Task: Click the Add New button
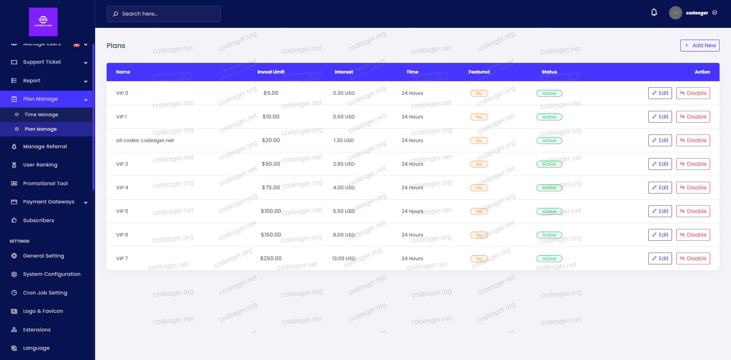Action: (x=700, y=45)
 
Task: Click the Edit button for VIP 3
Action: (x=660, y=164)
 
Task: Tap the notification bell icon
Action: (x=654, y=13)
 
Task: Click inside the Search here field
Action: (x=164, y=14)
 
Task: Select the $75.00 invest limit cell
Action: (x=271, y=187)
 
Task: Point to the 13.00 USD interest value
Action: (x=343, y=258)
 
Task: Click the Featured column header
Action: (x=479, y=72)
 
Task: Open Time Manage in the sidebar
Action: (x=41, y=115)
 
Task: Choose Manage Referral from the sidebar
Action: (x=45, y=146)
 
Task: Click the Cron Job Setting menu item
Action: (x=45, y=293)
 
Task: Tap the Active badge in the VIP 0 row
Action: (x=549, y=93)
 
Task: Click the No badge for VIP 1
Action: (x=479, y=117)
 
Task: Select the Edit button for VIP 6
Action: (x=660, y=235)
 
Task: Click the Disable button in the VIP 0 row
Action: (x=693, y=93)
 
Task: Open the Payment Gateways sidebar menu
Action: (x=49, y=202)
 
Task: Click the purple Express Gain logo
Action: (x=43, y=22)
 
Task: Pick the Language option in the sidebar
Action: (x=36, y=348)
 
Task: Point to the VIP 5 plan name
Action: (x=122, y=211)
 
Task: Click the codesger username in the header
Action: (x=697, y=13)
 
